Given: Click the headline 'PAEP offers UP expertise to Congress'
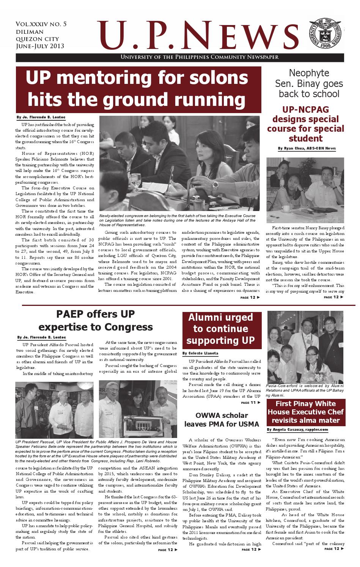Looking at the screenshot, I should pyautogui.click(x=96, y=321).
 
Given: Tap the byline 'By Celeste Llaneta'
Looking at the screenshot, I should pyautogui.click(x=200, y=353).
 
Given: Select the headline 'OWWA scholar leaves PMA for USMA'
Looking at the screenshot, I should pyautogui.click(x=222, y=419).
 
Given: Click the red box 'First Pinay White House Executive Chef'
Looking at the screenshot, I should pyautogui.click(x=305, y=412).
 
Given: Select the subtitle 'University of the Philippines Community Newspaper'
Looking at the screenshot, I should pyautogui.click(x=199, y=57).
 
